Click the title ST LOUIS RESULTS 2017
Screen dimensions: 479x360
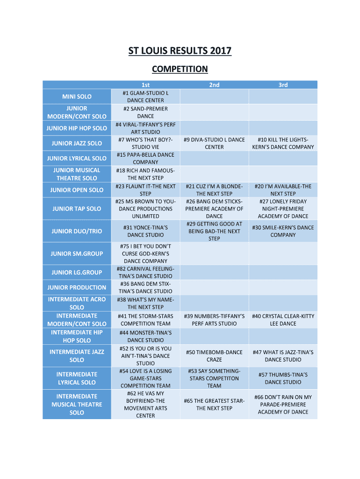pos(180,51)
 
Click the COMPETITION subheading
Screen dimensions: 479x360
pos(180,69)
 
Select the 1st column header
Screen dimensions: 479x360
pos(145,85)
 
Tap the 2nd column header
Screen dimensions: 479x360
pos(214,85)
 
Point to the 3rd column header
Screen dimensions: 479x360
pos(283,85)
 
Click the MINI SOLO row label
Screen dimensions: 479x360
pos(77,96)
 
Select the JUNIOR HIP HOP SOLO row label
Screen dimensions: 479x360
pos(77,128)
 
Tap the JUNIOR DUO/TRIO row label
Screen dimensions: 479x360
pos(77,231)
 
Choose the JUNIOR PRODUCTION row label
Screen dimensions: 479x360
pos(77,287)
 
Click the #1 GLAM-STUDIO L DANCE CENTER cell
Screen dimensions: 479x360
pos(145,96)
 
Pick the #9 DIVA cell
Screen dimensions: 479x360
pos(214,143)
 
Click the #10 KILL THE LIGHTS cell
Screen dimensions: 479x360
pos(283,143)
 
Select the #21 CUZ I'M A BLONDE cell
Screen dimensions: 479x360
pos(214,190)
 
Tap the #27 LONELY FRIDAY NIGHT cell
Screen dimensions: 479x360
pos(283,209)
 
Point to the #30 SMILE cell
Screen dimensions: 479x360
pos(283,231)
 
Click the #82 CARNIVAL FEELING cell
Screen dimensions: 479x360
pos(145,272)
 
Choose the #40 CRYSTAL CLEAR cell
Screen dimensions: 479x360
pos(283,319)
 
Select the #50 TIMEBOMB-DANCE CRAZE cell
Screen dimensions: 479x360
pos(214,356)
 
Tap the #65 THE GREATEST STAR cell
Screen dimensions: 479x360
pos(214,404)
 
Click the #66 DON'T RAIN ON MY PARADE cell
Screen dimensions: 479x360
pos(283,404)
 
